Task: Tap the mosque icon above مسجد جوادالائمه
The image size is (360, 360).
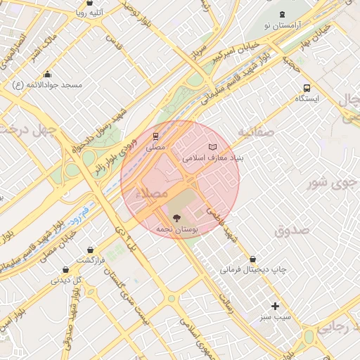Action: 48,74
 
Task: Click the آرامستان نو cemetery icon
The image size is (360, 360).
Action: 282,14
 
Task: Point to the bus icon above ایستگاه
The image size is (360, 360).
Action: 306,88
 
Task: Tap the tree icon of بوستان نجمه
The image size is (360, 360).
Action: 175,218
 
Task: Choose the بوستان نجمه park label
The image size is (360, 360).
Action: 175,230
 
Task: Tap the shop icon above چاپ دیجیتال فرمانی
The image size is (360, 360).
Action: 252,259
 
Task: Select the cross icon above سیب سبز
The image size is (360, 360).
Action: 275,306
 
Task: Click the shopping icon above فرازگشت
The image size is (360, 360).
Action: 91,250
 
